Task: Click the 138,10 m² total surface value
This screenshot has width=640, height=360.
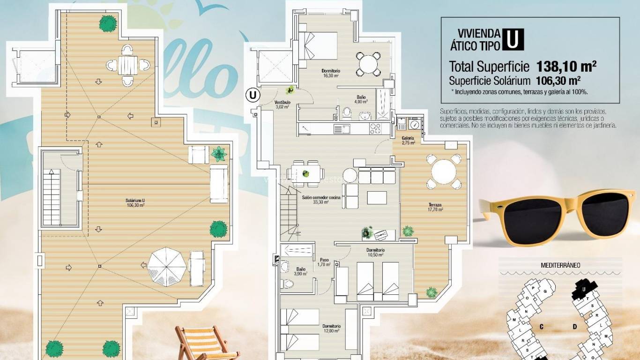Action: (x=566, y=66)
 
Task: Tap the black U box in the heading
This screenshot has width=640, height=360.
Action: (x=513, y=39)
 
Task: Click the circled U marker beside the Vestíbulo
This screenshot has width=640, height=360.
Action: (x=253, y=95)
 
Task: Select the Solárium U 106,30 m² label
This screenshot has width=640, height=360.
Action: (x=135, y=202)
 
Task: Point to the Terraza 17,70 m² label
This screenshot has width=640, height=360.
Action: (x=435, y=207)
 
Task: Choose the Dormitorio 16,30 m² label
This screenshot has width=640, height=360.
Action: (x=330, y=73)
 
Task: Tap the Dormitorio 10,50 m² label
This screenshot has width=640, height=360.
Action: (x=375, y=252)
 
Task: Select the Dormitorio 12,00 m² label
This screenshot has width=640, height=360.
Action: (x=331, y=328)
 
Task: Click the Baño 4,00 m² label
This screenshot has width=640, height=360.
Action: (x=361, y=99)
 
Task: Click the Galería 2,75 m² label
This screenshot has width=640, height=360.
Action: (x=408, y=140)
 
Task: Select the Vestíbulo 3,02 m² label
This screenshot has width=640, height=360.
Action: (x=282, y=104)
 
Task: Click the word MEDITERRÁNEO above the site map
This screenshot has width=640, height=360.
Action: (x=560, y=265)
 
